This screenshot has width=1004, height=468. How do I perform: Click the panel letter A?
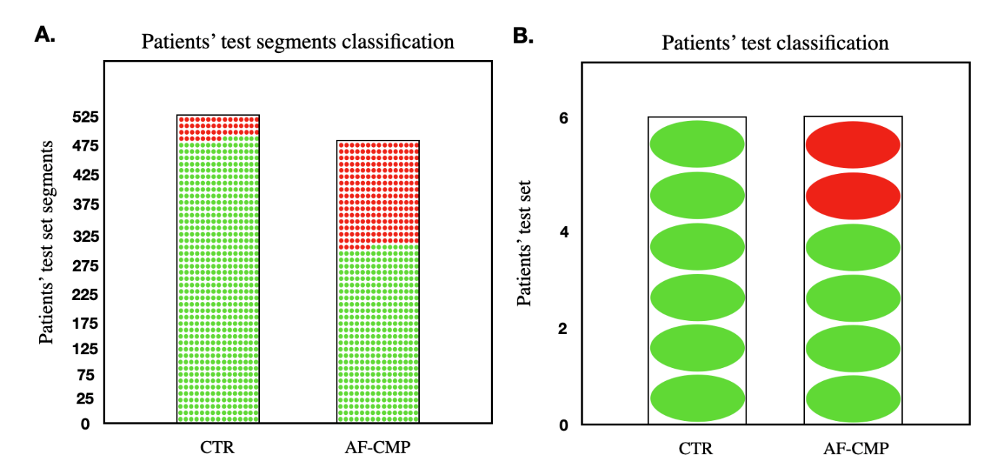[x=45, y=35]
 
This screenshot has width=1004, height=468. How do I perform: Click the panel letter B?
[x=523, y=35]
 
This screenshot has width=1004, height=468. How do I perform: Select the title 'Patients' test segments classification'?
[x=298, y=42]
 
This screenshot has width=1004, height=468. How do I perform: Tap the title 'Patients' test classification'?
[x=775, y=43]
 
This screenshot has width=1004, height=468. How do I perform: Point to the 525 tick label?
[x=85, y=117]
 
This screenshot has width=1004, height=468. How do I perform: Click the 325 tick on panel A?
[x=86, y=236]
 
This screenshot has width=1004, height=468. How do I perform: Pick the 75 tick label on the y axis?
[x=85, y=375]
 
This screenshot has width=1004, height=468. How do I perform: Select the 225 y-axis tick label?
[x=85, y=295]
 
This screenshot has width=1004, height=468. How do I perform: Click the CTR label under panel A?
[x=217, y=448]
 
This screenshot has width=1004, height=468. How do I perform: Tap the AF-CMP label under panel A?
[x=377, y=448]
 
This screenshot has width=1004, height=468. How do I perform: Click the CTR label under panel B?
[x=695, y=448]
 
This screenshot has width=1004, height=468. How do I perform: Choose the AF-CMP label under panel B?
[x=856, y=448]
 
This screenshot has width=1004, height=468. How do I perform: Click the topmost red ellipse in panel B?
[x=853, y=145]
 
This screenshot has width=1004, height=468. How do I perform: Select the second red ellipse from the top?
[x=853, y=196]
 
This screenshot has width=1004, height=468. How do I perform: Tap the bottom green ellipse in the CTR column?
[x=697, y=398]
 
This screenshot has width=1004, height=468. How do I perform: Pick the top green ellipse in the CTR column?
[x=697, y=144]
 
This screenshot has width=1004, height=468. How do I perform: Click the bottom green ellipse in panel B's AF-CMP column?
[x=853, y=399]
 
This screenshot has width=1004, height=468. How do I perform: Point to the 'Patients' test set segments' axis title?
[x=46, y=242]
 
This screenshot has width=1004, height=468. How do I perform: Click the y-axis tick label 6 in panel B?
[x=563, y=118]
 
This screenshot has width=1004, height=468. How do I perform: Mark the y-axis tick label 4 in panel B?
[x=564, y=232]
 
